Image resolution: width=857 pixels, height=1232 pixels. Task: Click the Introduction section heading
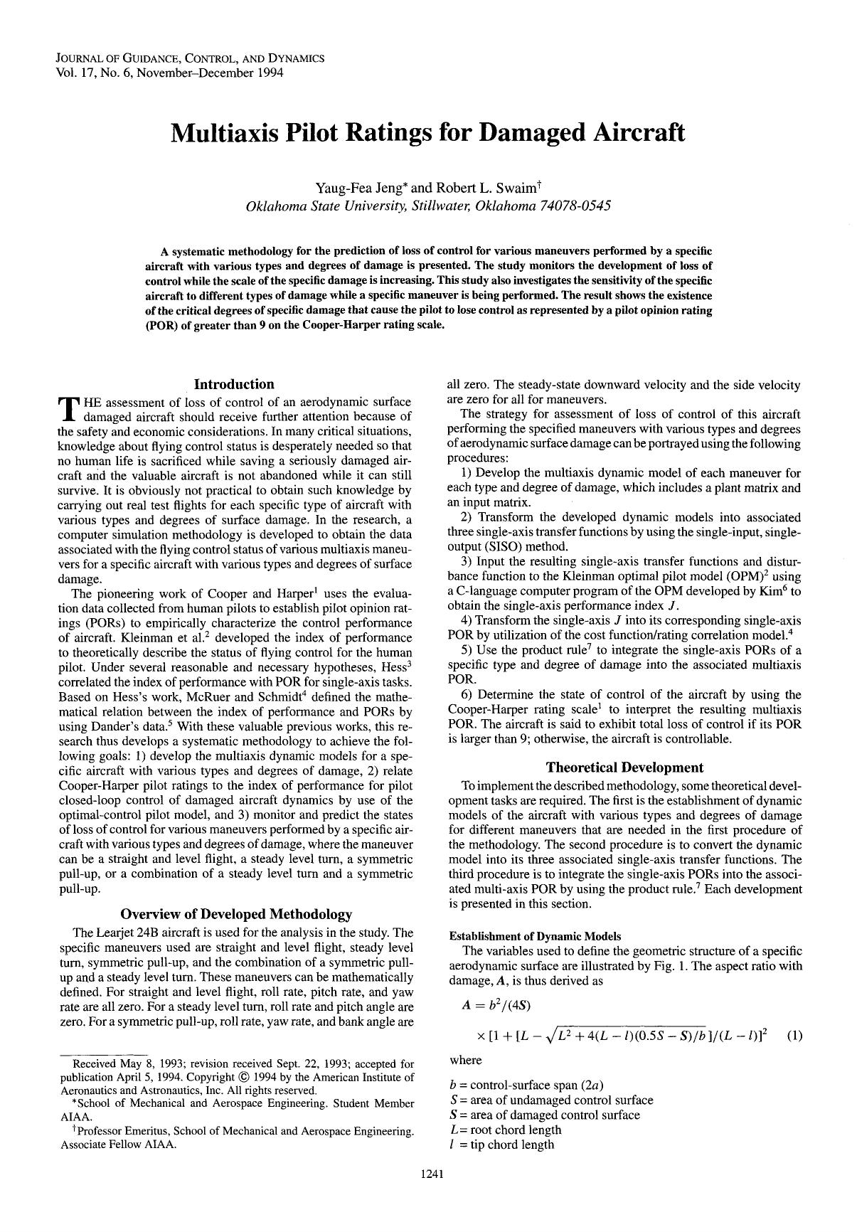pyautogui.click(x=234, y=384)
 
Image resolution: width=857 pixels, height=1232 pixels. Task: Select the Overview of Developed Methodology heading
pyautogui.click(x=235, y=913)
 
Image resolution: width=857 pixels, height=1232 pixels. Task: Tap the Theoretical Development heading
pyautogui.click(x=624, y=767)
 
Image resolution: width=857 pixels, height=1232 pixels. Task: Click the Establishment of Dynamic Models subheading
pyautogui.click(x=526, y=935)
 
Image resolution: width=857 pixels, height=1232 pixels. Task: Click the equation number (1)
pyautogui.click(x=794, y=1036)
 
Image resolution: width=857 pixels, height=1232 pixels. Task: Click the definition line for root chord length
pyautogui.click(x=506, y=1130)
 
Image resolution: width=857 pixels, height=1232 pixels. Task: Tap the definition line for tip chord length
pyautogui.click(x=501, y=1145)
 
